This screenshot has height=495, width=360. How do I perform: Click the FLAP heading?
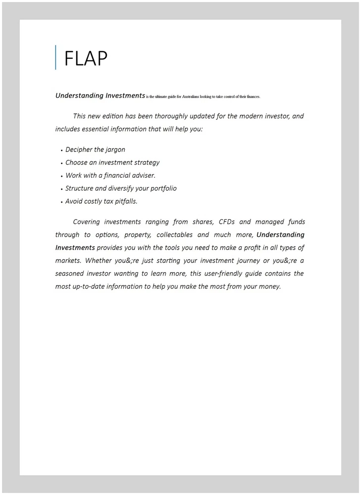pyautogui.click(x=86, y=58)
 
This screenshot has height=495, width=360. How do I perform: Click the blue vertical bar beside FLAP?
pyautogui.click(x=55, y=57)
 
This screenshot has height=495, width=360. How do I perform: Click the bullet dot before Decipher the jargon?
pyautogui.click(x=61, y=150)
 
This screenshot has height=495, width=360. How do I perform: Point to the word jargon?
pyautogui.click(x=115, y=150)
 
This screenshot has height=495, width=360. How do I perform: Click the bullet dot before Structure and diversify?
pyautogui.click(x=61, y=189)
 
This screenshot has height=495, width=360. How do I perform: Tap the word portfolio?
pyautogui.click(x=161, y=189)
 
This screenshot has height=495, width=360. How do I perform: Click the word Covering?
pyautogui.click(x=86, y=222)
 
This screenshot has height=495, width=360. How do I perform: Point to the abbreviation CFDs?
pyautogui.click(x=226, y=222)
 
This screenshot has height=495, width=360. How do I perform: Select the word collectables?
pyautogui.click(x=174, y=235)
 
